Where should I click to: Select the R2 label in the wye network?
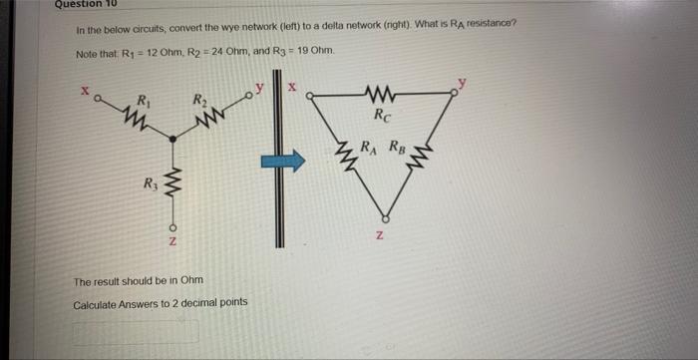(199, 99)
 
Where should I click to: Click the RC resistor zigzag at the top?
(382, 97)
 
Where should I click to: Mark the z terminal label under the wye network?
(174, 244)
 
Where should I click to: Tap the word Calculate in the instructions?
(96, 302)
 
